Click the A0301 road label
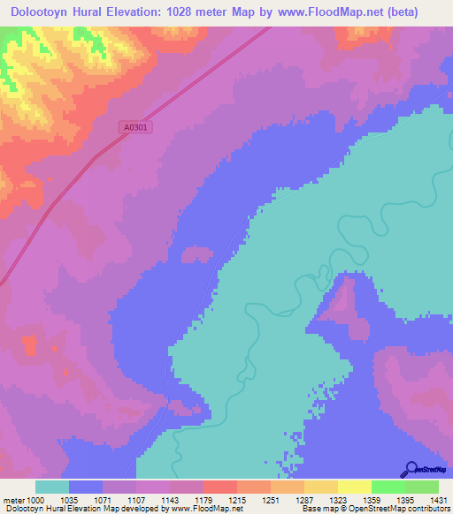[136, 127]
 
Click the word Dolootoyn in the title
[39, 11]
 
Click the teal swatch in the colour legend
[52, 487]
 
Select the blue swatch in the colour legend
[86, 487]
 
